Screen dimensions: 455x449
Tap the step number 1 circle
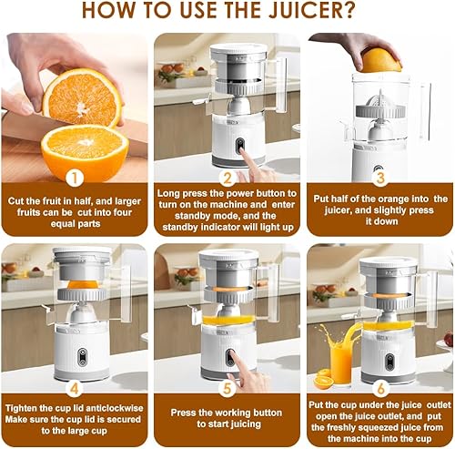(75, 178)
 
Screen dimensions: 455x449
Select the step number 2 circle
(227, 179)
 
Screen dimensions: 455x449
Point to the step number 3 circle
(380, 178)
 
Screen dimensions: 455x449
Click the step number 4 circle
(75, 389)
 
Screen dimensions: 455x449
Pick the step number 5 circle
(227, 389)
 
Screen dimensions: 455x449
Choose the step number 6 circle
(380, 389)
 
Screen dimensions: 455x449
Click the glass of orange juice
(341, 366)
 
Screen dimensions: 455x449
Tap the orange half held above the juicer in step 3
(380, 61)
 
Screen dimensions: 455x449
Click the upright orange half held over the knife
(82, 97)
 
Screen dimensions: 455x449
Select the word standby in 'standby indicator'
(179, 227)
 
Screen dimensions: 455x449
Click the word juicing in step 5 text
(245, 423)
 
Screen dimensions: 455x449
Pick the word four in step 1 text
(122, 212)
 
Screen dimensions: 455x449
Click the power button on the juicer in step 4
(82, 357)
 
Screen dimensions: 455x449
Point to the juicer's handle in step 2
(279, 84)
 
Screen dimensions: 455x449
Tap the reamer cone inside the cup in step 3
(379, 101)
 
